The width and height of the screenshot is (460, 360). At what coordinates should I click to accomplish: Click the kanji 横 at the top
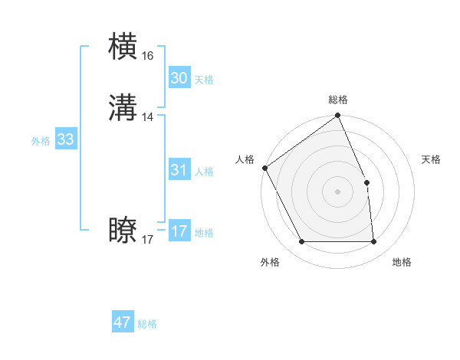pos(124,46)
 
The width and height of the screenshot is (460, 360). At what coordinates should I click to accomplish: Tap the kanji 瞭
pos(124,231)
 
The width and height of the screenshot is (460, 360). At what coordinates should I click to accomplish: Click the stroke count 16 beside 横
pos(147,56)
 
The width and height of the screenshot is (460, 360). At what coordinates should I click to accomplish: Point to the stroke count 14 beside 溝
pos(148,117)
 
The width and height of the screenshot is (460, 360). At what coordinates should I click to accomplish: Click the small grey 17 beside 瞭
pos(147,240)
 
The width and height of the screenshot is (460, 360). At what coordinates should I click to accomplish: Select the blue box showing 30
pos(179,78)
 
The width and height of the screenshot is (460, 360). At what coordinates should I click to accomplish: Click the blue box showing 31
pos(179,171)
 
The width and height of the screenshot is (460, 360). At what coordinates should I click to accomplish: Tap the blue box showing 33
pos(65,139)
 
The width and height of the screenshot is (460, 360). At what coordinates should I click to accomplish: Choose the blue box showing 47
pos(123,322)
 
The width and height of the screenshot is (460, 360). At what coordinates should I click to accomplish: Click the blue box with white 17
pos(179,231)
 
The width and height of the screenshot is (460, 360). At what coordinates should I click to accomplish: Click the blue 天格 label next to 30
pos(204,80)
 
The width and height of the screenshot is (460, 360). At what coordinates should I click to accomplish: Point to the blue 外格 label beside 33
pos(41,141)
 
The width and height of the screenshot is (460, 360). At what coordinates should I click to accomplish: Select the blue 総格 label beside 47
pos(148,324)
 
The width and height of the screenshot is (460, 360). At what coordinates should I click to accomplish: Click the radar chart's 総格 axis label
pos(338,100)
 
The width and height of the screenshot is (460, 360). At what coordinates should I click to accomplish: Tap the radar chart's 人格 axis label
pos(245,159)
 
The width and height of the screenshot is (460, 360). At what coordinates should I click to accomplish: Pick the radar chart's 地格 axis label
pos(402,262)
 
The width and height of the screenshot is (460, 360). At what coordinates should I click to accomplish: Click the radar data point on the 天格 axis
pos(366,183)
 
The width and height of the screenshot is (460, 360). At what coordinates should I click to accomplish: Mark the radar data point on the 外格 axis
pos(301,242)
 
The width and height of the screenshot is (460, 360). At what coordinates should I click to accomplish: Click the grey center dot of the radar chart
pos(337,191)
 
